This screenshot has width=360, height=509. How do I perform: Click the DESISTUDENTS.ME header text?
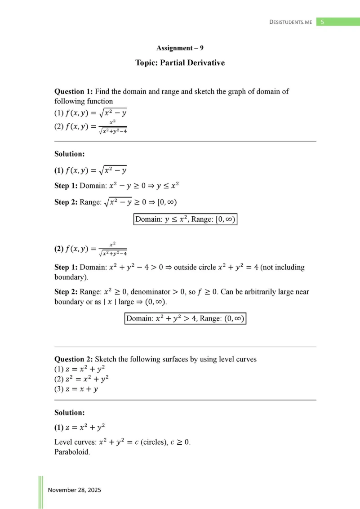tap(290, 22)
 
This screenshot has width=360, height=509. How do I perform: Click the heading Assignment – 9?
tap(180, 48)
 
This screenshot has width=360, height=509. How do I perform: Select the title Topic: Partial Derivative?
tap(180, 63)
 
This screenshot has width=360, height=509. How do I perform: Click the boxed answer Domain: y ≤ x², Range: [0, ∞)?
tap(185, 219)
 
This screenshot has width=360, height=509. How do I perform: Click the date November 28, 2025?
tap(75, 490)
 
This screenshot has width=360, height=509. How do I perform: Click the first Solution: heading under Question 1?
tap(70, 154)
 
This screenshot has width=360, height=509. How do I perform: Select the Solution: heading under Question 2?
tap(70, 412)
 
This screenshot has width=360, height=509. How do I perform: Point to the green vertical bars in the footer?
tap(40, 492)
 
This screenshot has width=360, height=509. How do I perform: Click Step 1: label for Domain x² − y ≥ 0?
tap(66, 185)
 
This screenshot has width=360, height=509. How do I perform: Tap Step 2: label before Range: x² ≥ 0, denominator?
tap(66, 292)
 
